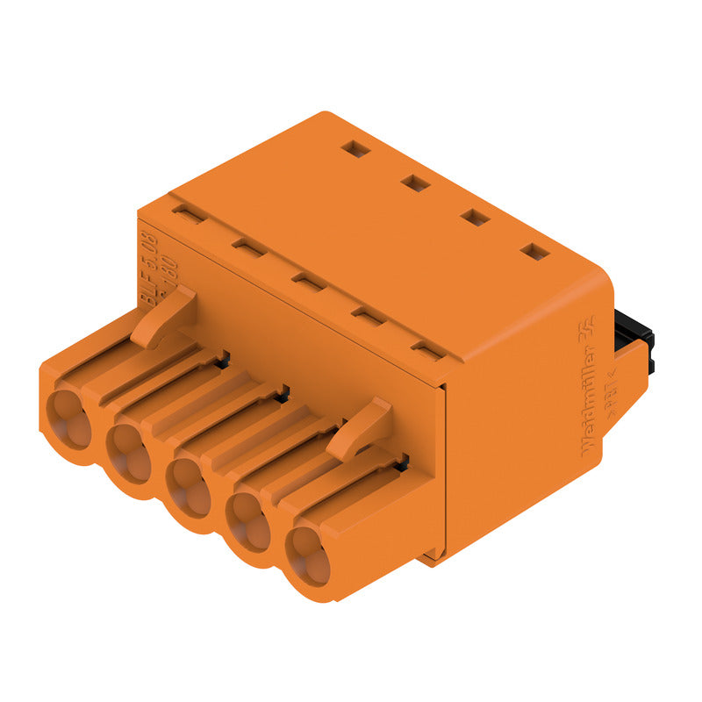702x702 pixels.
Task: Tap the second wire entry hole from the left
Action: click(x=130, y=452)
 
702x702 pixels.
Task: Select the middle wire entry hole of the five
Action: click(x=189, y=488)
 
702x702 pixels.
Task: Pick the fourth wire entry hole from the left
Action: click(x=247, y=524)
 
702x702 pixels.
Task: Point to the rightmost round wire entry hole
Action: click(x=309, y=558)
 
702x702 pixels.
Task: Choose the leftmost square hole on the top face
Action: click(x=356, y=149)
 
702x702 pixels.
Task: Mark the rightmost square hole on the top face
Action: click(x=534, y=252)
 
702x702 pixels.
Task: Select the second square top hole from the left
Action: click(x=415, y=183)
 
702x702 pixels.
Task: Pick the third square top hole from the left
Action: click(x=475, y=217)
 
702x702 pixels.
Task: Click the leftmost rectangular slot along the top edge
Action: click(x=188, y=213)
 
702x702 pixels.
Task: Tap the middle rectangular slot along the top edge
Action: click(x=308, y=282)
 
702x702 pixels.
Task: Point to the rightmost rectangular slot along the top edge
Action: click(x=427, y=352)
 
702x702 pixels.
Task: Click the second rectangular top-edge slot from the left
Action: click(x=249, y=248)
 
